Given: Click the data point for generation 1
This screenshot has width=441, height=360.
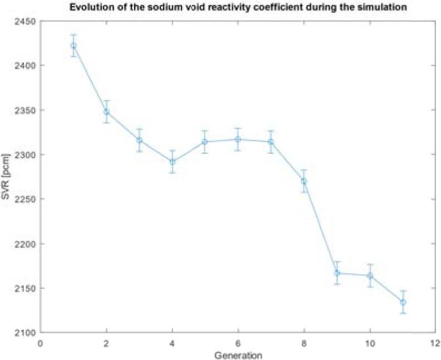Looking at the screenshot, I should (73, 46).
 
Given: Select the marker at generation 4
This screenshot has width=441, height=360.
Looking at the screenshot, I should (173, 162).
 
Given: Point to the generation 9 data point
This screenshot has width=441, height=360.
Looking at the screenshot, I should (337, 273).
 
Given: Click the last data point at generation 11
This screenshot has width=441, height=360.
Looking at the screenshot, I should (403, 302).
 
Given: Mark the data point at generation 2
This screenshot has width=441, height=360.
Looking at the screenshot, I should (106, 111).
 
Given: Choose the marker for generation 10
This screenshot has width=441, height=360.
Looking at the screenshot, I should (370, 275).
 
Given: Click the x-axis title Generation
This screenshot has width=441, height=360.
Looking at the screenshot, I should (238, 354).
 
